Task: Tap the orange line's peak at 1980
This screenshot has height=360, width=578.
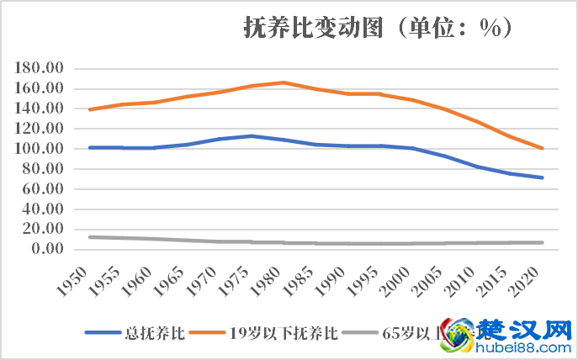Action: (x=284, y=82)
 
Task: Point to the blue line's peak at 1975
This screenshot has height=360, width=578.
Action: (x=251, y=135)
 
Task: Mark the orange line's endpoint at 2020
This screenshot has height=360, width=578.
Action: (x=544, y=148)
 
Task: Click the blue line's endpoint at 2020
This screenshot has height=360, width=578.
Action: (x=544, y=177)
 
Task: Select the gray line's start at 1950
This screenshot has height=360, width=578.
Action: (x=88, y=237)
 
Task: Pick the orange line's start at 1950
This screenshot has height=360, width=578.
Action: (x=88, y=109)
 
